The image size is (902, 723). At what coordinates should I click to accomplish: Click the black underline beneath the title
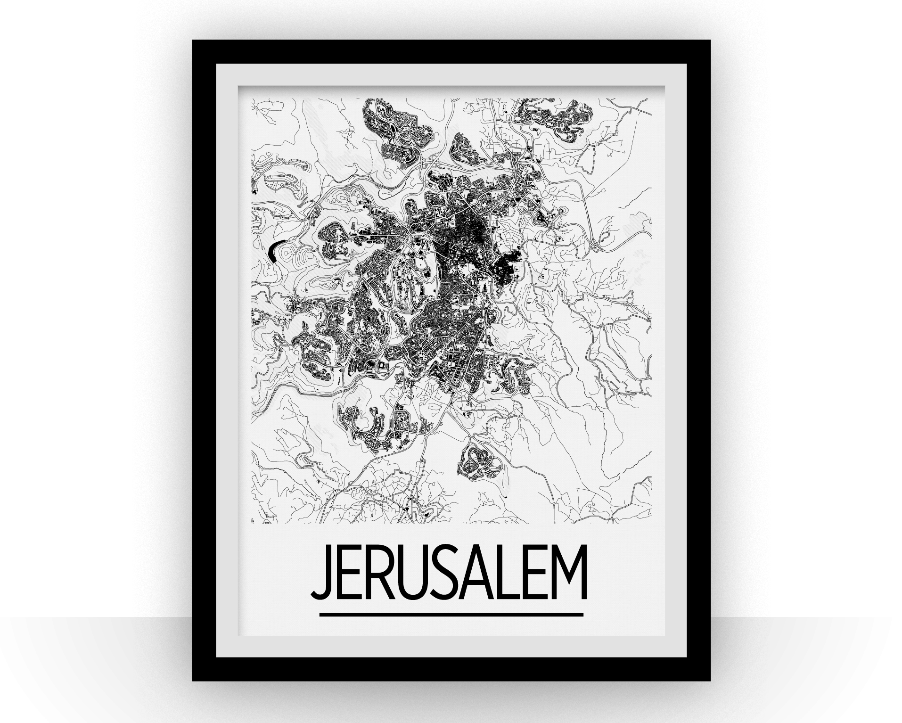pyautogui.click(x=451, y=614)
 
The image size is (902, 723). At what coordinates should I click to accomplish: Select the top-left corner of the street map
pyautogui.click(x=252, y=99)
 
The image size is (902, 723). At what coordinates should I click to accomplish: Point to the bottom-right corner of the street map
pyautogui.click(x=651, y=523)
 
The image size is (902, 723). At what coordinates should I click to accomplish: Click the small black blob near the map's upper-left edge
pyautogui.click(x=255, y=192)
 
